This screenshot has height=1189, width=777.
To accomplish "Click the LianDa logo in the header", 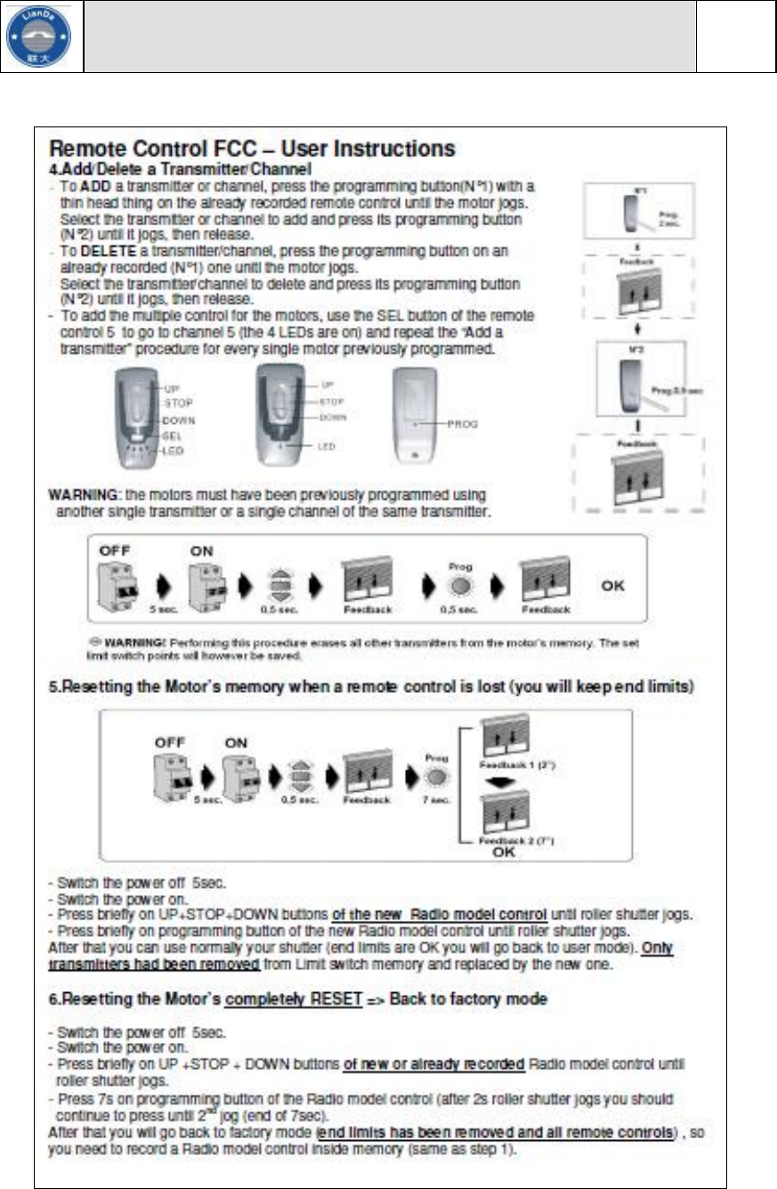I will pos(42,37).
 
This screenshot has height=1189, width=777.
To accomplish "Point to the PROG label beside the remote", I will pos(463,425).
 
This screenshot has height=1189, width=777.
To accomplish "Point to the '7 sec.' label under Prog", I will pos(434,800).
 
